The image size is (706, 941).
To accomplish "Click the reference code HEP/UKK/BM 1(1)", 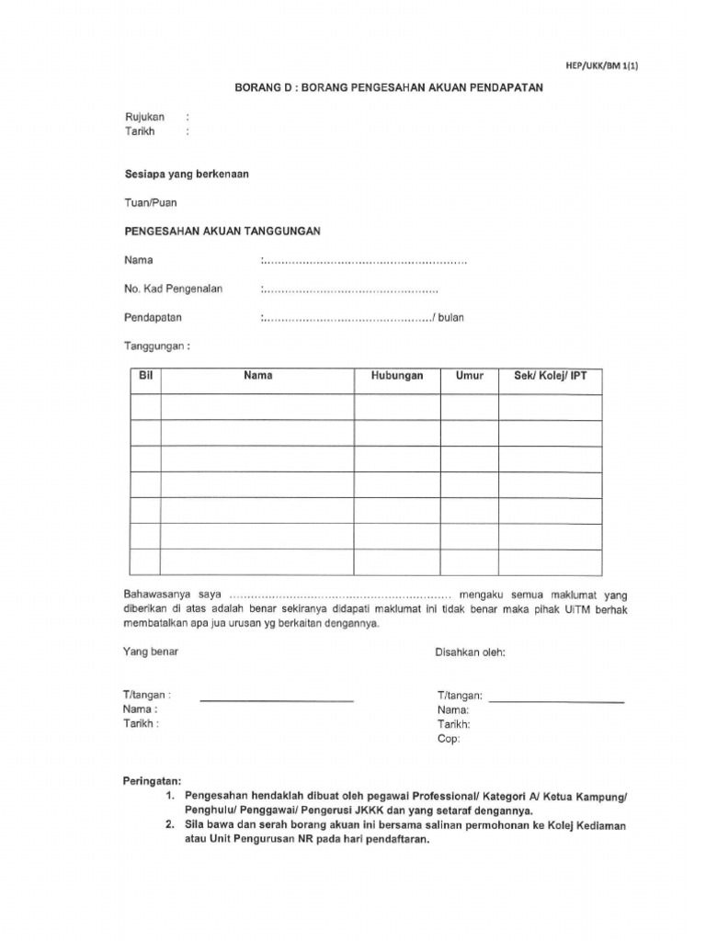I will tap(595, 65).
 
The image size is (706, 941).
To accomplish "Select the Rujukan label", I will tap(144, 117).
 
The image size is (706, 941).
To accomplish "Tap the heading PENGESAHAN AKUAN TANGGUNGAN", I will tap(222, 232).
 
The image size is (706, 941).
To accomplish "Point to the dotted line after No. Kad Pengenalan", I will tap(350, 289).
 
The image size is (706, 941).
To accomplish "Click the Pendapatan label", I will tap(153, 318).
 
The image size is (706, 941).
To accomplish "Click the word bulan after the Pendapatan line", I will tap(450, 318).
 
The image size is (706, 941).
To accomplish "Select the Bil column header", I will tap(144, 376).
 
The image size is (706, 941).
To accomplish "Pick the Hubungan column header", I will tap(397, 376).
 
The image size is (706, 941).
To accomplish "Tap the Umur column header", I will tap(469, 376).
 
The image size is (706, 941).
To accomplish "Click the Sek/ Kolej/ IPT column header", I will tap(550, 376).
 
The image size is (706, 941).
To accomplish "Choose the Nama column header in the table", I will tap(257, 376).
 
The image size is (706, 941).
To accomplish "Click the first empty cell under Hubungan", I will tap(397, 407).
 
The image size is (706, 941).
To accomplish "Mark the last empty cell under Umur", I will tap(469, 561).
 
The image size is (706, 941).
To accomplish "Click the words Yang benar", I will tap(151, 652).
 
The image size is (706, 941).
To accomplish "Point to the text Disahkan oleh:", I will tap(470, 652).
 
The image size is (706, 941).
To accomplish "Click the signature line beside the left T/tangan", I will tap(277, 700).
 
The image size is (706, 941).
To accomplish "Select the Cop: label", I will tap(449, 738).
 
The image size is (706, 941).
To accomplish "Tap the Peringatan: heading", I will tap(153, 781).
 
